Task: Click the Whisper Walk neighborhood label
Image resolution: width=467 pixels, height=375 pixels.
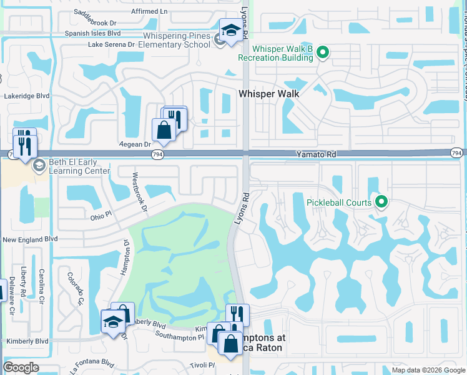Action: (x=269, y=94)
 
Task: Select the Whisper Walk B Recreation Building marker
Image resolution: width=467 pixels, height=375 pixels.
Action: (x=322, y=52)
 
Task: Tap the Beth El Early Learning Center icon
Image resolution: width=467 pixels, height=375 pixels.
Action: (x=39, y=165)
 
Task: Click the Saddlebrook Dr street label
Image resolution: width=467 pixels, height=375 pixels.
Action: (x=96, y=21)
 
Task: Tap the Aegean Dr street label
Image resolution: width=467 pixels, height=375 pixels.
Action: (x=139, y=144)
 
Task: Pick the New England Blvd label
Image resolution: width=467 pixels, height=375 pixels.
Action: (x=30, y=239)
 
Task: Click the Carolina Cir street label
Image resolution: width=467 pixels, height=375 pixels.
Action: (x=42, y=283)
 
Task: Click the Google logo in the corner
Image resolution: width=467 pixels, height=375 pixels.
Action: (x=21, y=367)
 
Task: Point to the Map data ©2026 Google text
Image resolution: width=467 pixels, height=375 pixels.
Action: (x=428, y=370)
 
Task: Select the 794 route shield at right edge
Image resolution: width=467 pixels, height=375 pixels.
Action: (x=458, y=152)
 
